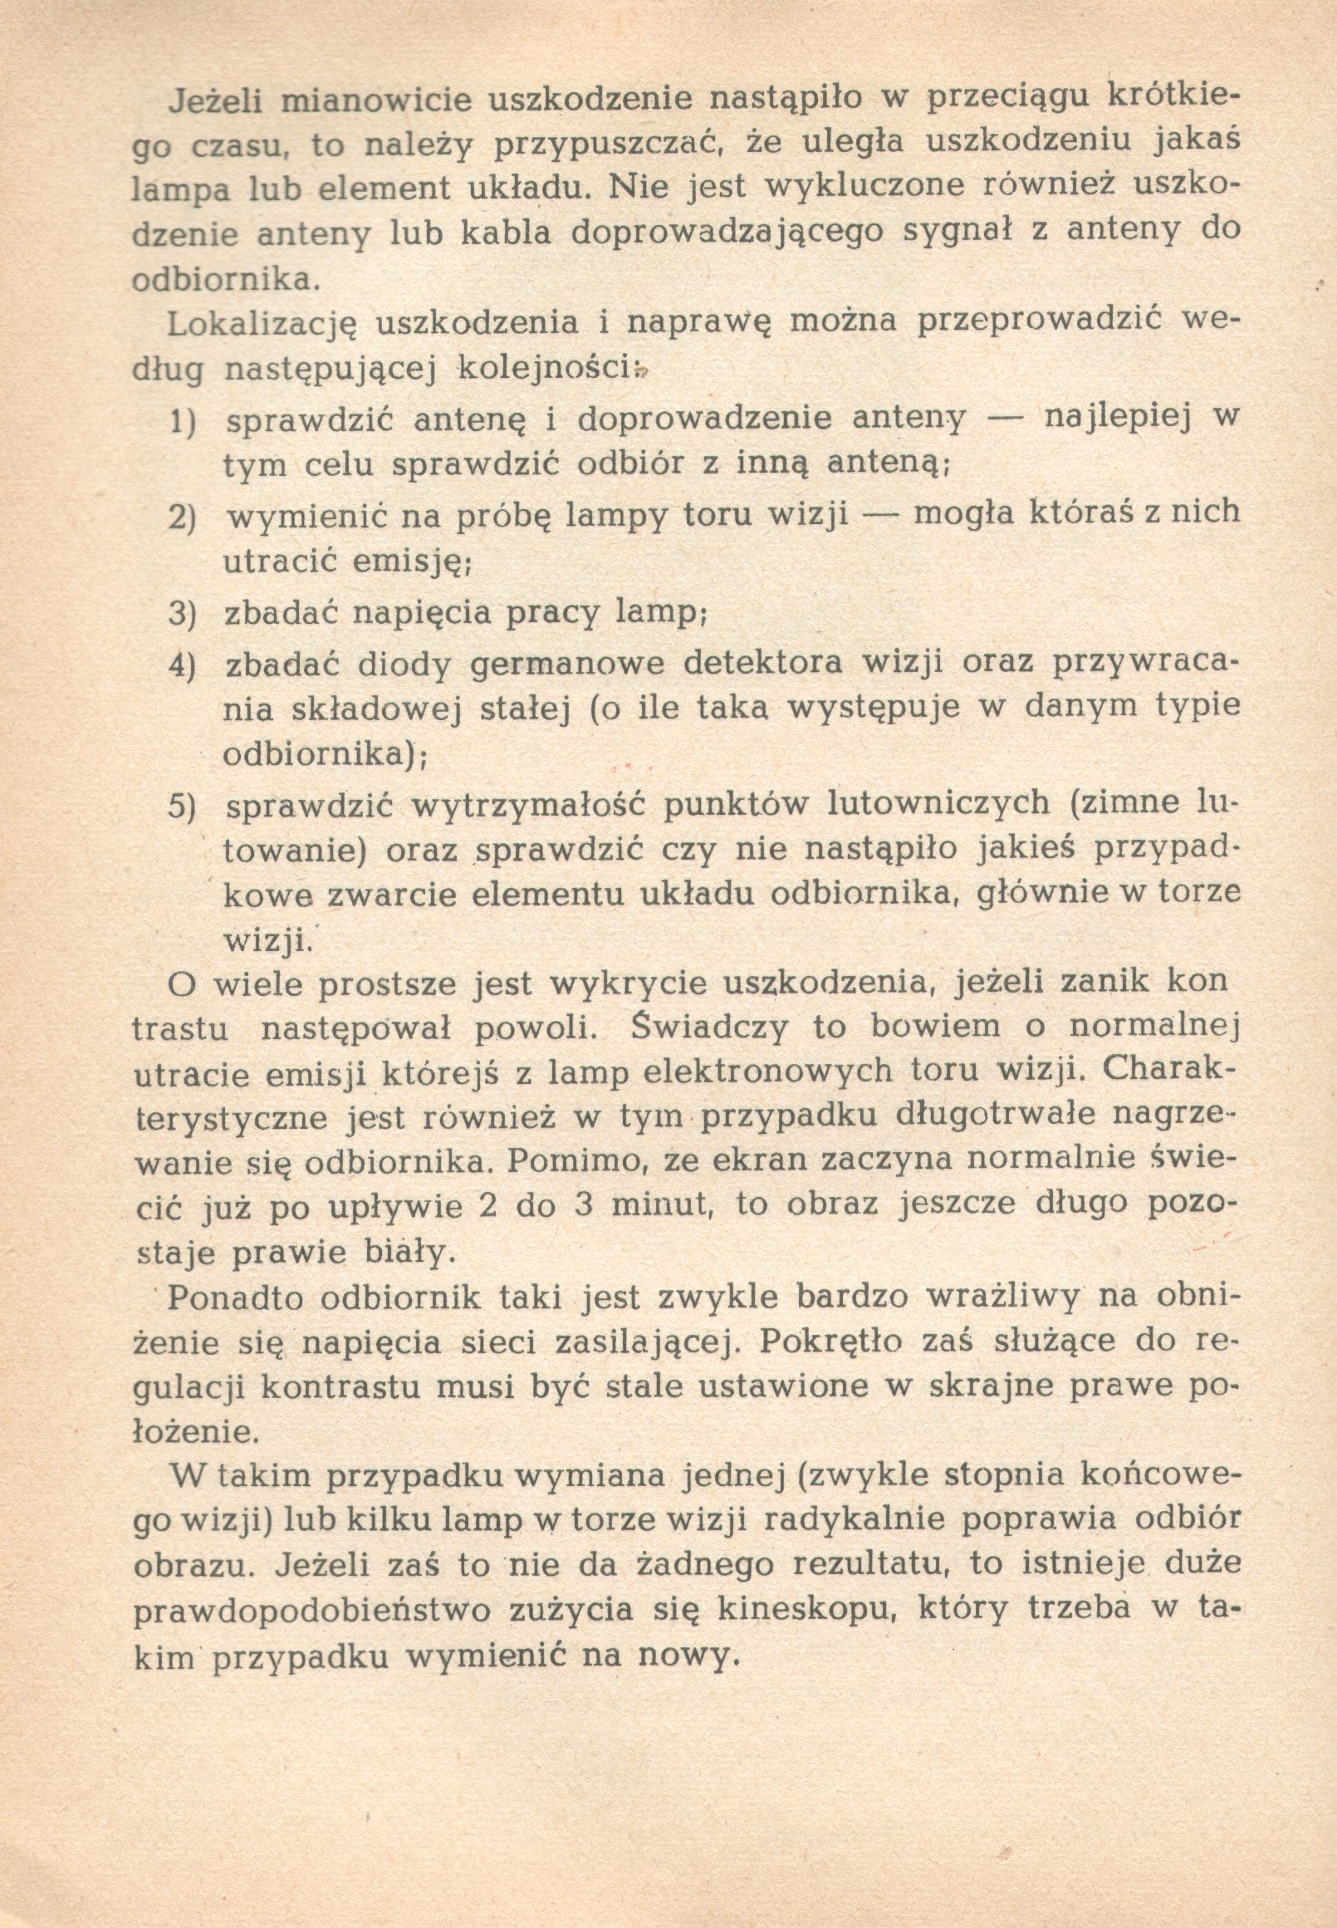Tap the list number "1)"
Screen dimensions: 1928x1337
(183, 421)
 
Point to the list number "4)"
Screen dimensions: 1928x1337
(183, 665)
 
